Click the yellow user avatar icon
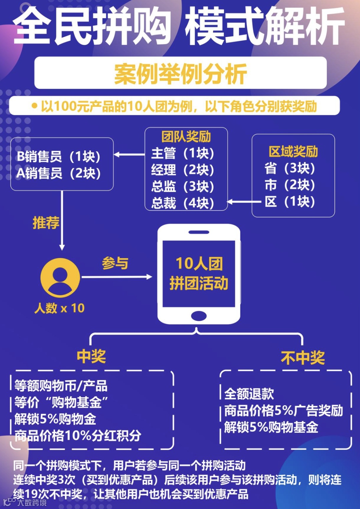click(60, 278)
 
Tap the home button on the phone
click(199, 315)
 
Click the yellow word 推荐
click(46, 222)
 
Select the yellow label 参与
click(115, 263)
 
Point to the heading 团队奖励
click(186, 137)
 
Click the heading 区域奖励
click(293, 152)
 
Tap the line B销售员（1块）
click(59, 156)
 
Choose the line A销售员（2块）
click(59, 173)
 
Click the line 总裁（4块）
click(183, 203)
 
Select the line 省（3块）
click(290, 168)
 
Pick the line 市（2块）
click(290, 185)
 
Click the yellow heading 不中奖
click(303, 358)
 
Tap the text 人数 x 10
click(60, 308)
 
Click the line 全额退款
click(249, 394)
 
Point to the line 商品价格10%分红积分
click(78, 436)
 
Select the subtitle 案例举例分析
click(180, 74)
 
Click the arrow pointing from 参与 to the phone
click(117, 277)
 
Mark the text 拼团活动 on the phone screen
click(199, 283)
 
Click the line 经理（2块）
click(183, 170)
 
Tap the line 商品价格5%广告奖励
click(283, 411)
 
